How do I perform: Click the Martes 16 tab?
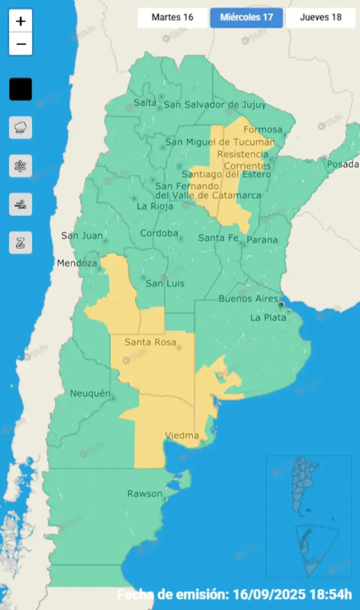pyautogui.click(x=172, y=18)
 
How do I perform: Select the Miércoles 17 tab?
pyautogui.click(x=246, y=18)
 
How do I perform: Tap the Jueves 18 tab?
pyautogui.click(x=321, y=18)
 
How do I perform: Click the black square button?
pyautogui.click(x=21, y=89)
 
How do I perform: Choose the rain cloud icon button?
pyautogui.click(x=21, y=128)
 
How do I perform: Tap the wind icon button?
pyautogui.click(x=21, y=205)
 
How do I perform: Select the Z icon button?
pyautogui.click(x=21, y=243)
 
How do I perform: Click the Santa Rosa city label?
pyautogui.click(x=150, y=342)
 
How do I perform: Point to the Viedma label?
pyautogui.click(x=182, y=435)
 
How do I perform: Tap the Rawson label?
pyautogui.click(x=145, y=494)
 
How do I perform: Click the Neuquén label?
pyautogui.click(x=90, y=393)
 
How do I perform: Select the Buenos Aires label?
pyautogui.click(x=248, y=298)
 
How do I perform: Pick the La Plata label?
pyautogui.click(x=268, y=318)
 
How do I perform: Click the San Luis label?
pyautogui.click(x=165, y=283)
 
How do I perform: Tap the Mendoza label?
pyautogui.click(x=77, y=263)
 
